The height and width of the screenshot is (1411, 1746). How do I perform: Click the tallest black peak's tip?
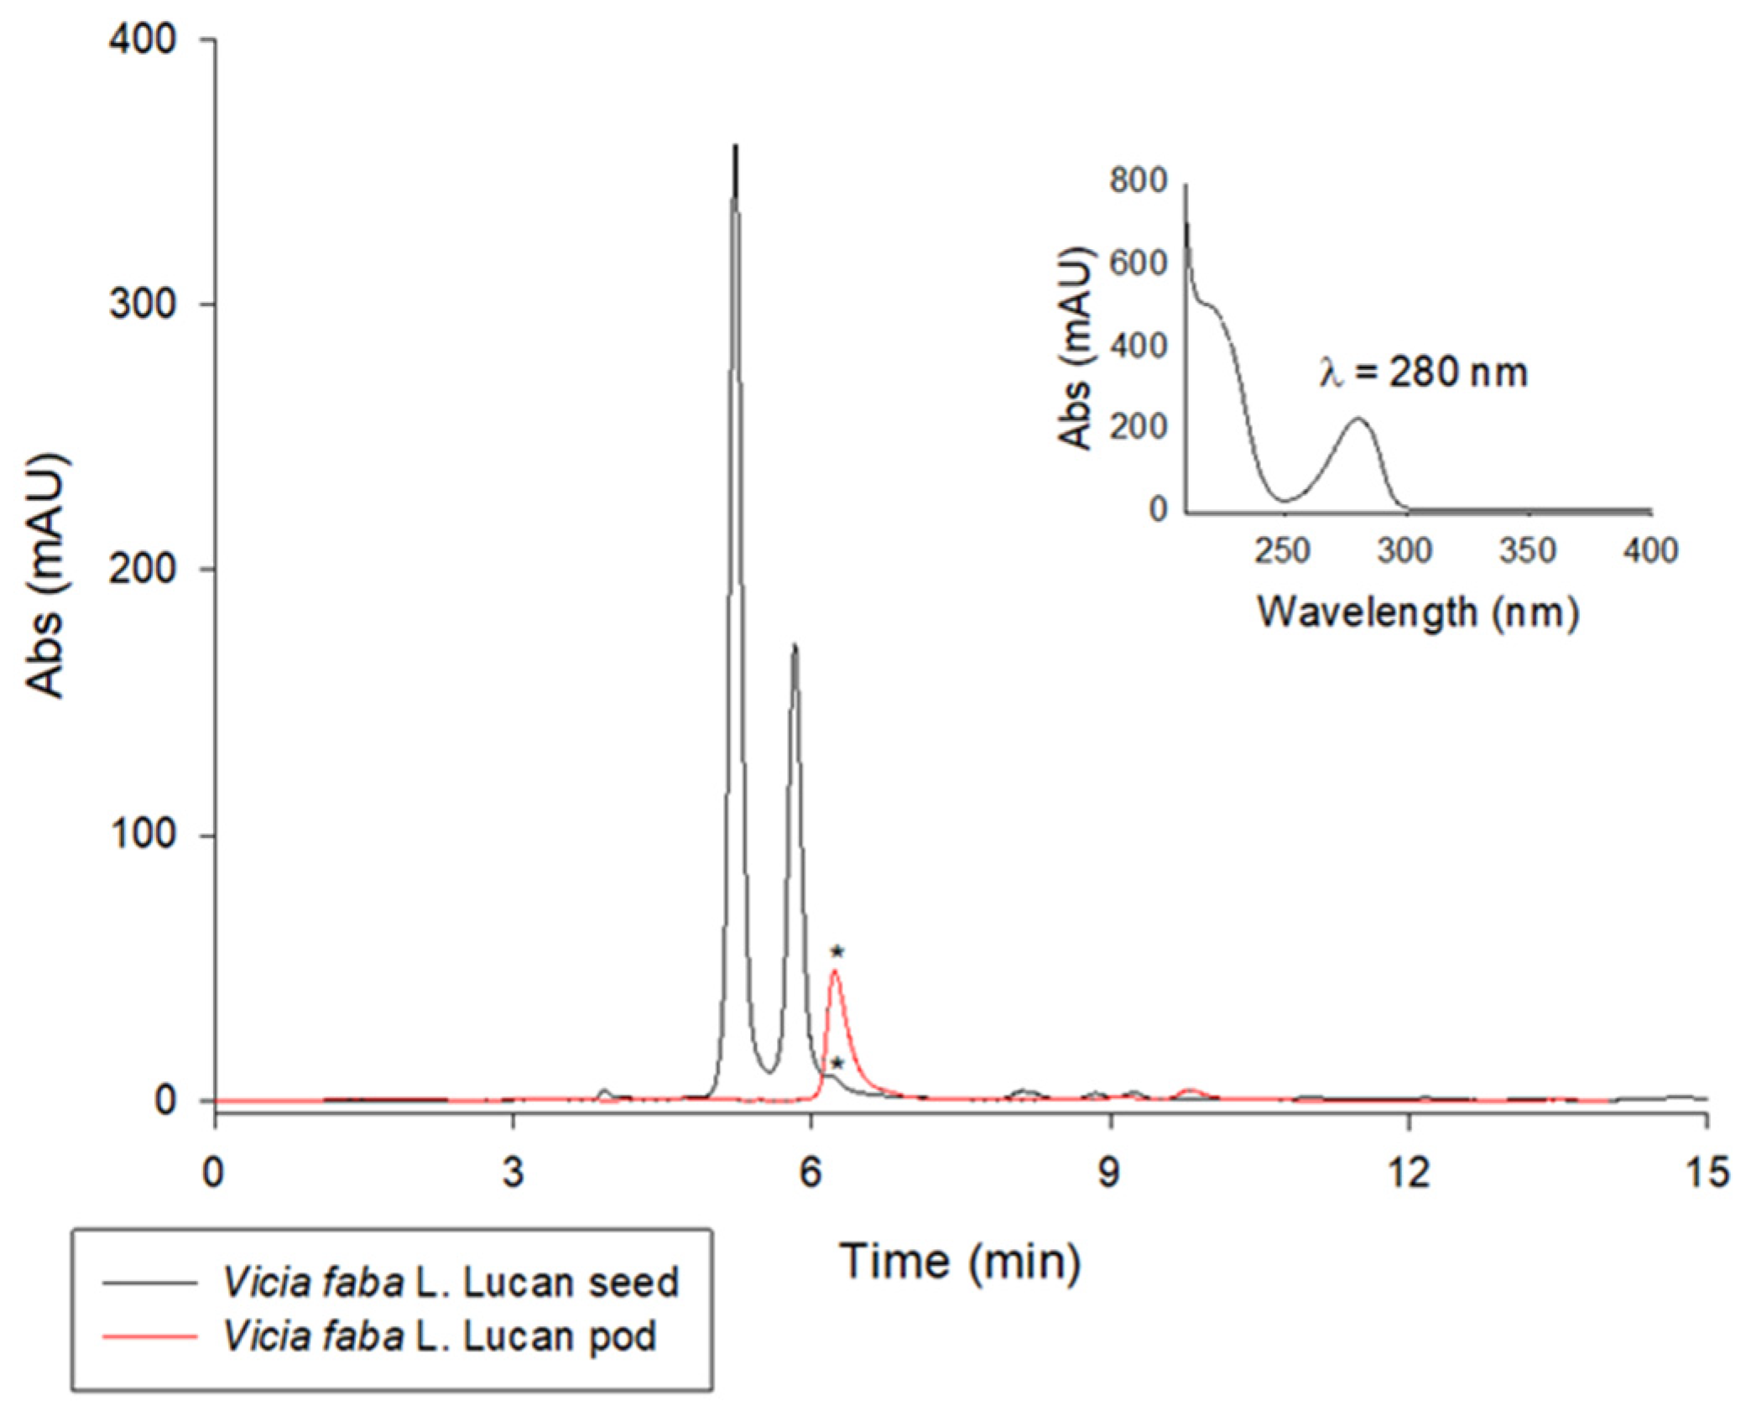735,148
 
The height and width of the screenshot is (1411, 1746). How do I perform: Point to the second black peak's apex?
794,646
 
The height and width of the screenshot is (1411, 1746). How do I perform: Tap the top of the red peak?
835,971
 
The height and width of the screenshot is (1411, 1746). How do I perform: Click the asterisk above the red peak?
837,951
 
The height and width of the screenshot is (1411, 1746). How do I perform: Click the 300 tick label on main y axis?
142,304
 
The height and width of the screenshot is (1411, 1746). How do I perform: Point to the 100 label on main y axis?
142,834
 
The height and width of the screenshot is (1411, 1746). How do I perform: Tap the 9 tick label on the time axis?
1109,1173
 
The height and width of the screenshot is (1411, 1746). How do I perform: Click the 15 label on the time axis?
1705,1173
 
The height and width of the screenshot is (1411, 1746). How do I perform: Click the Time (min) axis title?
961,1261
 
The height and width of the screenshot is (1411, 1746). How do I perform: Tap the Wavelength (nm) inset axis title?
1417,612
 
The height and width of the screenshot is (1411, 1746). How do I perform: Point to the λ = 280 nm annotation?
1423,372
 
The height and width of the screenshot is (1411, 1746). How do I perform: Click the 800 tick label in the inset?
1139,180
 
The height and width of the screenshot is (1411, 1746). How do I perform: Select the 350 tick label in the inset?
1527,551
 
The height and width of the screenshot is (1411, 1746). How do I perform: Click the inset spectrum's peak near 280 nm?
1358,418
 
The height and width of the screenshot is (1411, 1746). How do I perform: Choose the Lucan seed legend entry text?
451,1283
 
